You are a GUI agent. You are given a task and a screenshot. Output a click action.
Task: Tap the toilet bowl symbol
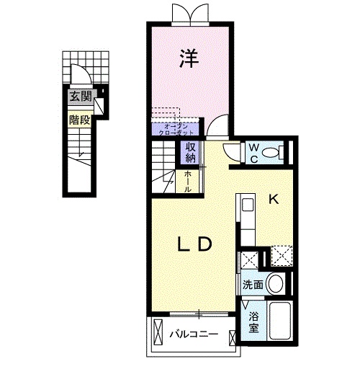pos(271,152)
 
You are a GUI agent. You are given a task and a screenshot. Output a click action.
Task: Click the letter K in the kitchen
pos(274,200)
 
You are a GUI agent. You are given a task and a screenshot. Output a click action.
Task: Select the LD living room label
pos(194,245)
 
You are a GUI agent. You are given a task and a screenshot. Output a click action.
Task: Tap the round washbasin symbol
pos(274,283)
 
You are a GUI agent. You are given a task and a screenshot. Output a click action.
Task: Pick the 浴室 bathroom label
pos(254,322)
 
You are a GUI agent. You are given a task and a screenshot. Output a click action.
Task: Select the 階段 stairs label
pos(79,120)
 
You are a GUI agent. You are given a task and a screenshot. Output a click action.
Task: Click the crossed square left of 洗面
pos(250,259)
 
